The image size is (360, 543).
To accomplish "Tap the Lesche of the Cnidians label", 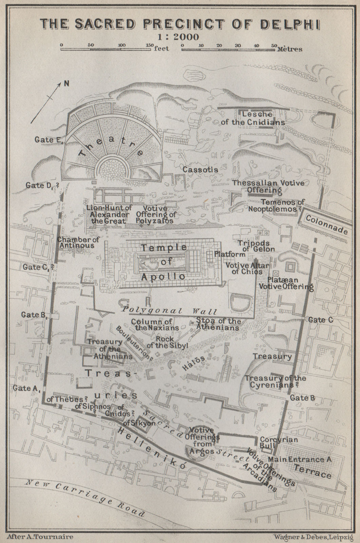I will [252, 118].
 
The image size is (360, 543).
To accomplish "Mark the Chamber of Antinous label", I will [78, 242].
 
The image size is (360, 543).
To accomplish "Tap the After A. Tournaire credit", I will [39, 537].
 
